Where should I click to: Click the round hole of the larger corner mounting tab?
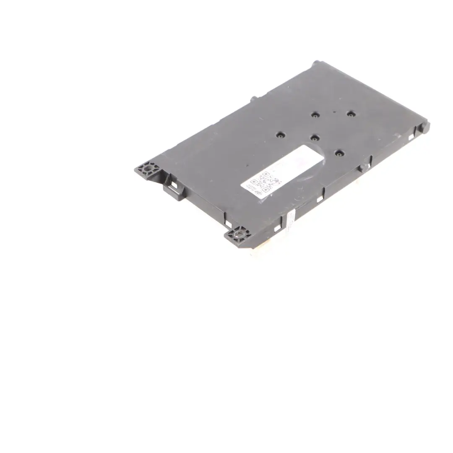click(147, 169)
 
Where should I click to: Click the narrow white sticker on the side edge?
click(290, 220)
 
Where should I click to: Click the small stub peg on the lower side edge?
click(361, 167)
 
